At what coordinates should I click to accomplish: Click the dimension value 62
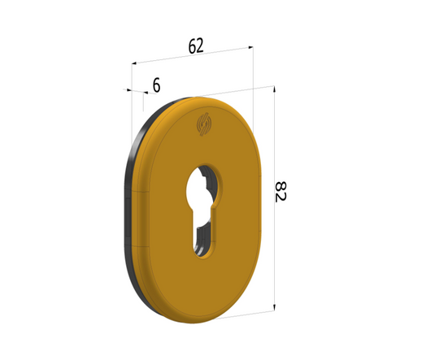[196, 46]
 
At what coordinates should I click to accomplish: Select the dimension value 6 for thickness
[156, 84]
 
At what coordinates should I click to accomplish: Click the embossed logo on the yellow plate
[204, 125]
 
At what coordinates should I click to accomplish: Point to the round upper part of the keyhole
[201, 186]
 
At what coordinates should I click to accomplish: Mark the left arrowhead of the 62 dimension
[135, 62]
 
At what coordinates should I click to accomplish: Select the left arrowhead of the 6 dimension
[127, 89]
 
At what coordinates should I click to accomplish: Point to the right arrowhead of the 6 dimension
[143, 92]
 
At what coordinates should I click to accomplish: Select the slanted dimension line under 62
[192, 55]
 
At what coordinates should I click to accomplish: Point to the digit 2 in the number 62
[201, 46]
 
